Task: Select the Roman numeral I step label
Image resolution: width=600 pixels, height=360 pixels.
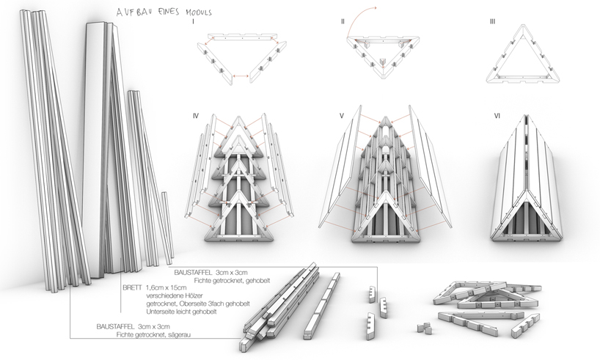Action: (x=193, y=22)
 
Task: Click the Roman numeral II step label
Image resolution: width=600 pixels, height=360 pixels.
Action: (x=343, y=22)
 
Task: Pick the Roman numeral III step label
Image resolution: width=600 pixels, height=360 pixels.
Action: (x=491, y=22)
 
